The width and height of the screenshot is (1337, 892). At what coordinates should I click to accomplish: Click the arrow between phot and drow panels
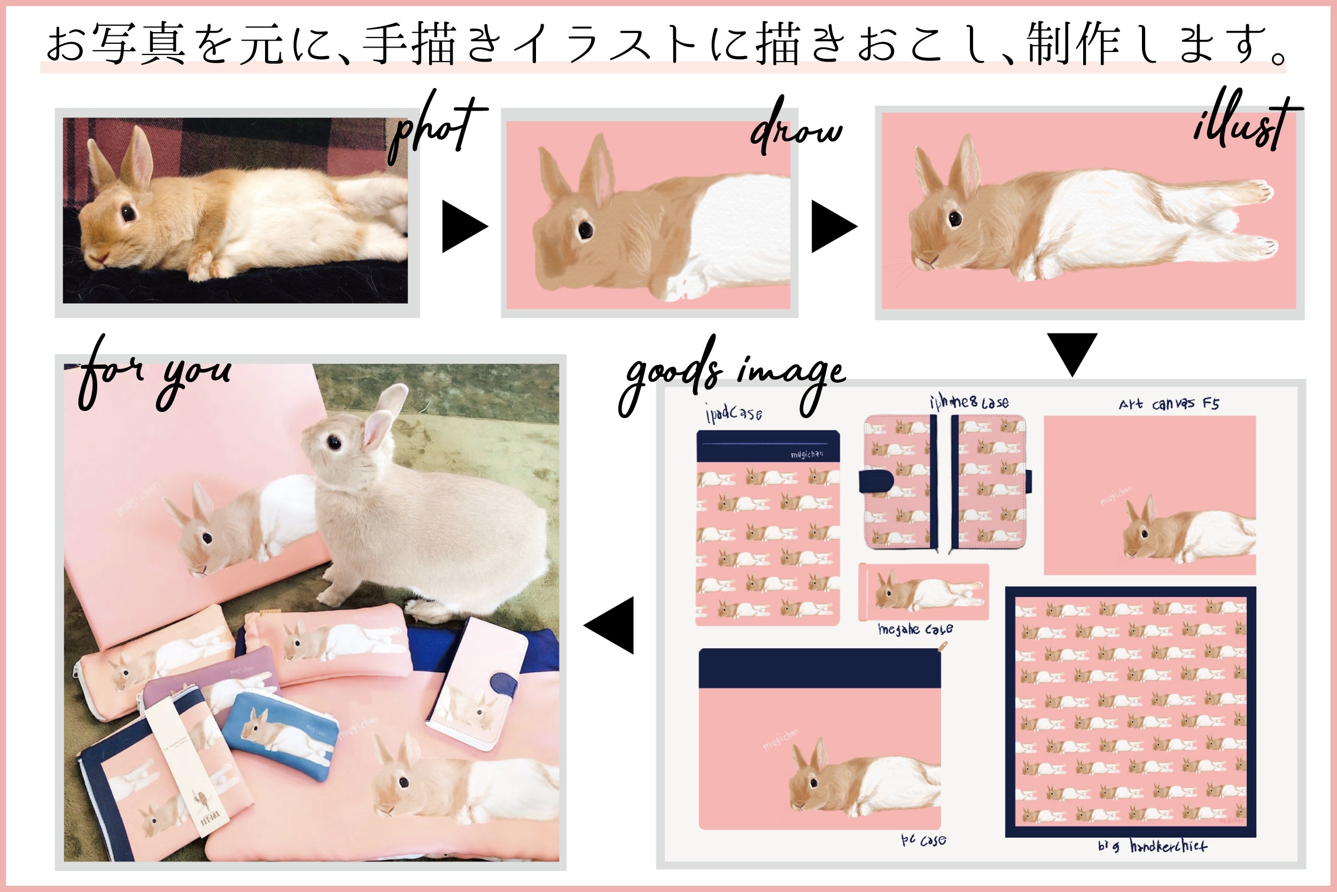pyautogui.click(x=464, y=227)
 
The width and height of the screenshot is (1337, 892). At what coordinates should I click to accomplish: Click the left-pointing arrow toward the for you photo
pyautogui.click(x=610, y=625)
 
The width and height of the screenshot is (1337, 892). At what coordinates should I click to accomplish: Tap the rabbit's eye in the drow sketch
pyautogui.click(x=585, y=229)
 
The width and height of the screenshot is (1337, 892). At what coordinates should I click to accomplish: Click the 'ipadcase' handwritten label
pyautogui.click(x=734, y=413)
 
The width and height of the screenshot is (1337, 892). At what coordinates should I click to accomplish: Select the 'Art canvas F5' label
pyautogui.click(x=1169, y=404)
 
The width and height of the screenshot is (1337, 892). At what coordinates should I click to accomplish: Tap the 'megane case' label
pyautogui.click(x=915, y=629)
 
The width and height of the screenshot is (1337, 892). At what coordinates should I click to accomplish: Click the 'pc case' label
pyautogui.click(x=923, y=840)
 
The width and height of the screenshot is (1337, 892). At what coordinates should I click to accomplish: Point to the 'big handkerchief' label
pyautogui.click(x=1152, y=846)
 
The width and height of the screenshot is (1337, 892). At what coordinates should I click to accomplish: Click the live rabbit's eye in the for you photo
pyautogui.click(x=334, y=441)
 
